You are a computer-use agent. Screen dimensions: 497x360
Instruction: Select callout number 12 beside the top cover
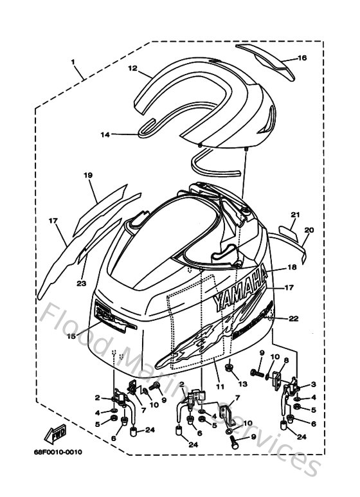pos(132,68)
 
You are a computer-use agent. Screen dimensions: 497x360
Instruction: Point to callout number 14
pos(105,134)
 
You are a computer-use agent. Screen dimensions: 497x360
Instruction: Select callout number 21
pos(295,214)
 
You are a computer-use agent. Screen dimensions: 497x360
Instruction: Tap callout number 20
pos(309,230)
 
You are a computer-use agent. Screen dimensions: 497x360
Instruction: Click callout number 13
pos(242,384)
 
